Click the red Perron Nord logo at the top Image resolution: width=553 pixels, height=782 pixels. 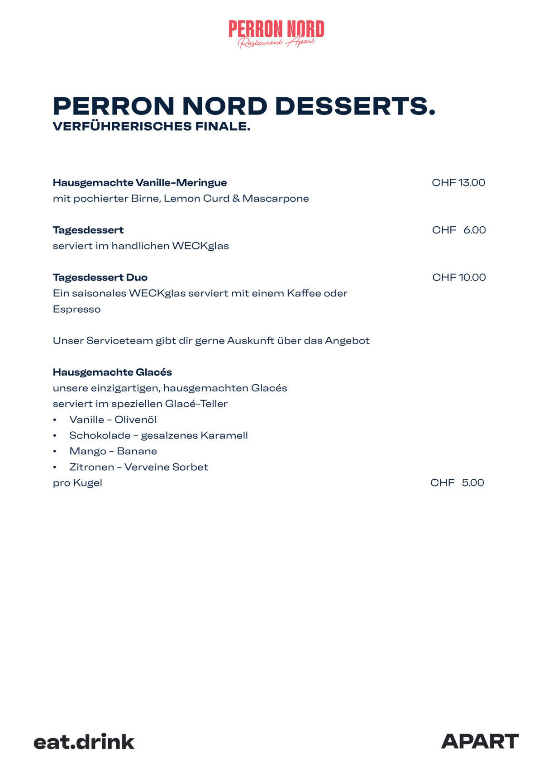pos(276,33)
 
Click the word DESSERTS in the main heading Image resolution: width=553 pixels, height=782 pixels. pos(355,106)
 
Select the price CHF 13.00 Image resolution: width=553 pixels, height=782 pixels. pos(458,182)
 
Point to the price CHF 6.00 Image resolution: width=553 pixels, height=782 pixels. pos(458,230)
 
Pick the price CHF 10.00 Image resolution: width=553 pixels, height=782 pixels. pos(458,277)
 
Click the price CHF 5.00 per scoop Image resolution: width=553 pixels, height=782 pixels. pos(457,483)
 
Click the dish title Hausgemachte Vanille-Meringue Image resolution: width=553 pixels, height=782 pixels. pos(140,183)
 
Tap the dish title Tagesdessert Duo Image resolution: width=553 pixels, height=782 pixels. pos(100,277)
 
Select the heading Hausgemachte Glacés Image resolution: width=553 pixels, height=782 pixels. pos(112,372)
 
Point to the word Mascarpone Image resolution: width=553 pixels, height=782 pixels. pos(276,199)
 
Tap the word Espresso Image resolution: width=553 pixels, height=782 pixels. pos(76,310)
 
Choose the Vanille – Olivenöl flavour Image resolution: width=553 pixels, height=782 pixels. pos(113,420)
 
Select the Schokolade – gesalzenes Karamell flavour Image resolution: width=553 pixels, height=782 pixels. pos(158,436)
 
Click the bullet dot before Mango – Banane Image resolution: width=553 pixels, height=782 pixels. pos(55,452)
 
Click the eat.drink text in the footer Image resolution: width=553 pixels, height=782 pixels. pos(84,742)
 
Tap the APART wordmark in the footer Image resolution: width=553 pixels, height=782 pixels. pos(480,741)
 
